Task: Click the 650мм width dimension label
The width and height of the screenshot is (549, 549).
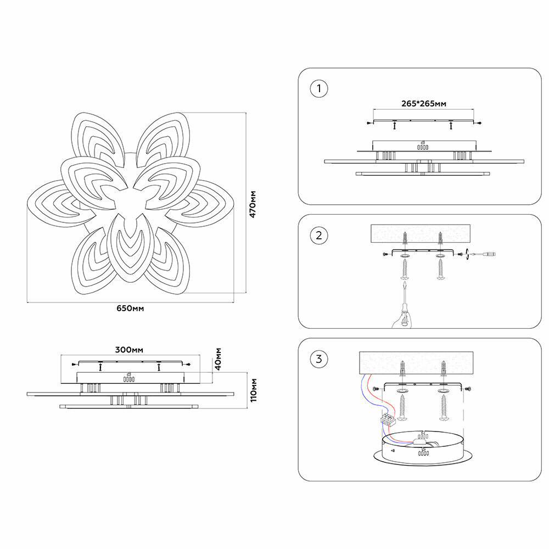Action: point(130,308)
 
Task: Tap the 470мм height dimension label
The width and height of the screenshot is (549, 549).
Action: point(253,204)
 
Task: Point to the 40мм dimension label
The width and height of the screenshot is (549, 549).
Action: point(218,358)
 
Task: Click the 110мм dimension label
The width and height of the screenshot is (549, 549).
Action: point(253,390)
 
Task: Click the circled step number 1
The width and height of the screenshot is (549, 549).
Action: point(318,88)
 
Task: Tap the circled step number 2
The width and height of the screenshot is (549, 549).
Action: point(318,236)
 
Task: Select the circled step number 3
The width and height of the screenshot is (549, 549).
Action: point(318,360)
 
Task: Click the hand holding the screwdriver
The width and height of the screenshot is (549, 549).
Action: point(403,318)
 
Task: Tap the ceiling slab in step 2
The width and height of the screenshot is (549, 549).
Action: point(421,233)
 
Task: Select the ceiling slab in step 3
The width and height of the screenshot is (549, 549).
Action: point(421,363)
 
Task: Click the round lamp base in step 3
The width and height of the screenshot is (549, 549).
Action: point(422,447)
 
